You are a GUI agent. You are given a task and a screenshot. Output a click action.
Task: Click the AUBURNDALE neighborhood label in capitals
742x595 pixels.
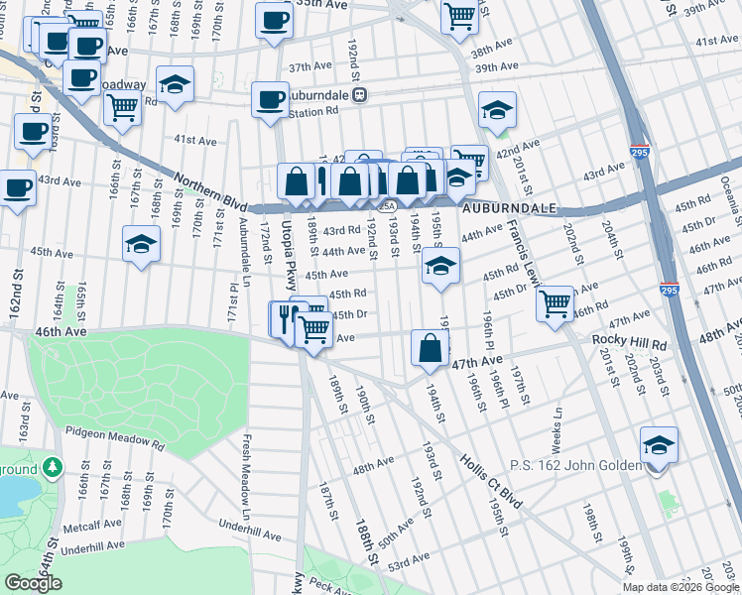[508, 210]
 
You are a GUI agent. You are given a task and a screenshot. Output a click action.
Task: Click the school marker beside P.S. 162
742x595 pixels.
[659, 446]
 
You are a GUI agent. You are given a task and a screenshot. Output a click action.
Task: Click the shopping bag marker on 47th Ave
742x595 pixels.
[431, 349]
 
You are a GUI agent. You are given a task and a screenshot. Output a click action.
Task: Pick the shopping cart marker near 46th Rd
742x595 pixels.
[555, 302]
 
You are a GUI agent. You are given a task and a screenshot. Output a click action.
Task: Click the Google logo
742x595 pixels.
[34, 583]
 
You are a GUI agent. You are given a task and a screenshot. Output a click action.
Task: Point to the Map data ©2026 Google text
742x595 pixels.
[680, 587]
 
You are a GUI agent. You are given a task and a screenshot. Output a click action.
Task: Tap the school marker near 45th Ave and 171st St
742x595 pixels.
[142, 245]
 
